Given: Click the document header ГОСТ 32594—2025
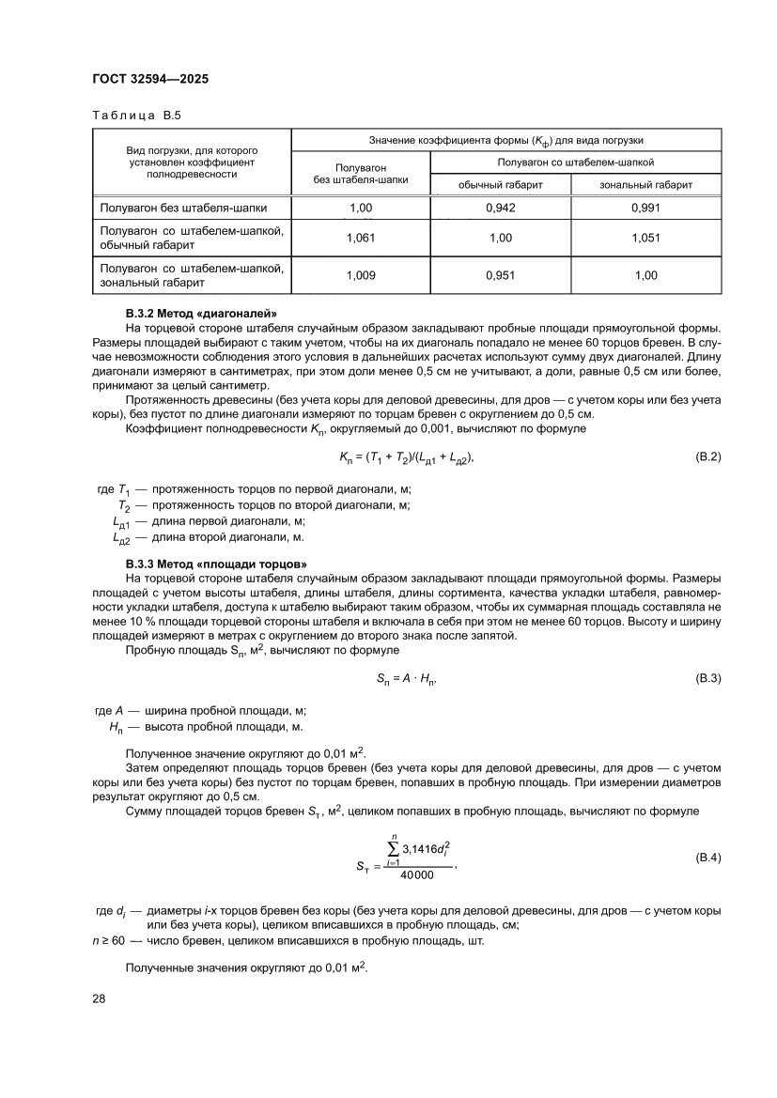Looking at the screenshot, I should [150, 80].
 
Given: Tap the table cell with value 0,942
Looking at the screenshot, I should [500, 208].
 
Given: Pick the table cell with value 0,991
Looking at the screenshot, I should [645, 208].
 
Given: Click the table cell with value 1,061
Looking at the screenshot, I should [361, 238].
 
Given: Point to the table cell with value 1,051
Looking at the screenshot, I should [645, 238].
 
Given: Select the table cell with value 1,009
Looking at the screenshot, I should [361, 275].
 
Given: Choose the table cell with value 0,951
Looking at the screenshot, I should [500, 275].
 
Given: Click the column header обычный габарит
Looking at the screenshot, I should [500, 185].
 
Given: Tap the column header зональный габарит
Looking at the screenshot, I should [645, 185].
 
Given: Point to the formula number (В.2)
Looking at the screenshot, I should [707, 456].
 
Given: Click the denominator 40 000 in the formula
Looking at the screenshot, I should [416, 875].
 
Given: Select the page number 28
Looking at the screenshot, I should [99, 998].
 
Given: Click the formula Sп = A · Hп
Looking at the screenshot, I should [407, 678].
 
